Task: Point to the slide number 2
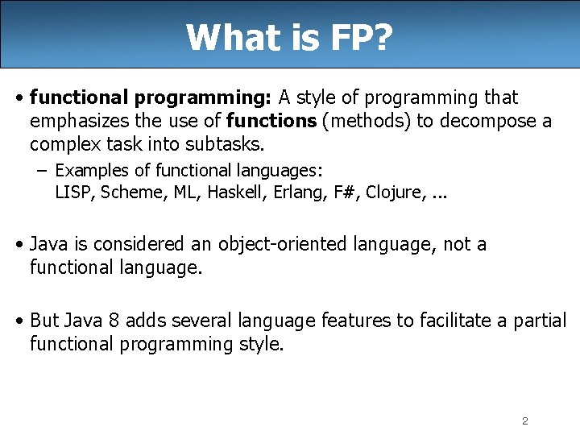point(524,421)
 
